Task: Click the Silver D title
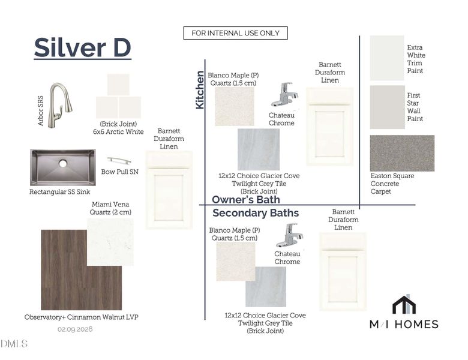(82, 48)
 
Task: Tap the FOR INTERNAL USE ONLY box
(235, 33)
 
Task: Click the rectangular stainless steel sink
(62, 167)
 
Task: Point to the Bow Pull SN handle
(119, 161)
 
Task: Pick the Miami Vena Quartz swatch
(110, 241)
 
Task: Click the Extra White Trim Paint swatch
(387, 58)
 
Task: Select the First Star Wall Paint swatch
(387, 107)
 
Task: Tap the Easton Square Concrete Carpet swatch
(402, 153)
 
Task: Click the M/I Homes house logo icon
(404, 304)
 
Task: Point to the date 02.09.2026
(75, 329)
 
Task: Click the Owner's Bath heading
(246, 199)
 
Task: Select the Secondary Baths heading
(256, 213)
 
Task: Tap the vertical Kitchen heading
(200, 89)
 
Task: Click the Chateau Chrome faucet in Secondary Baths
(289, 235)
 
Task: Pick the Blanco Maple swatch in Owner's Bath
(234, 106)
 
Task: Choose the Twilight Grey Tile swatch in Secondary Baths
(265, 287)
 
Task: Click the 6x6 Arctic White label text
(118, 131)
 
